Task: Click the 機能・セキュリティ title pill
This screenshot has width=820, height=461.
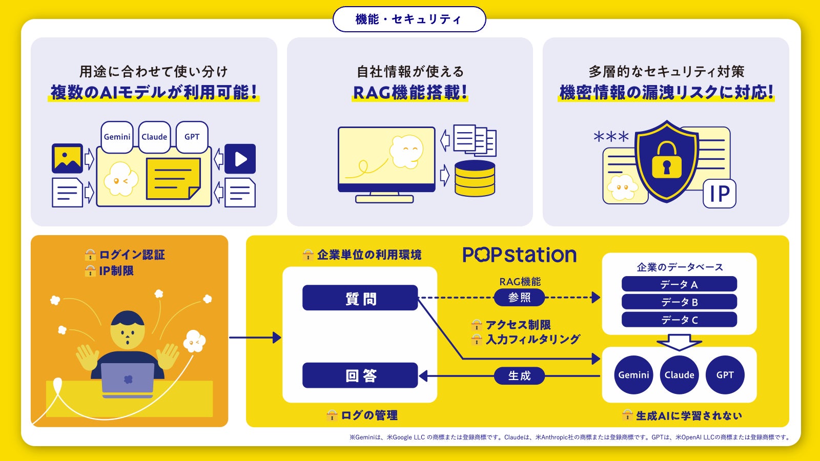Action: tap(409, 19)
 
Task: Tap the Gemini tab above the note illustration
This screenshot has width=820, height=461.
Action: tap(117, 137)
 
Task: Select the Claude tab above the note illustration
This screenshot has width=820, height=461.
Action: tap(154, 137)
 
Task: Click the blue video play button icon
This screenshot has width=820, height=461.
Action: tap(240, 159)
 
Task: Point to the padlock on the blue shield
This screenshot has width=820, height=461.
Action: tap(666, 160)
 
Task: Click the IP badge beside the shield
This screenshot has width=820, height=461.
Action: tap(719, 194)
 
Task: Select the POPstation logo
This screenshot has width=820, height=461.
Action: tap(519, 255)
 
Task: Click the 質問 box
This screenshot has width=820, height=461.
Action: tap(360, 298)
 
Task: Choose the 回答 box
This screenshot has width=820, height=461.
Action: tap(360, 375)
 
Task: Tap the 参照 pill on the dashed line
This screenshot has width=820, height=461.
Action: tap(519, 298)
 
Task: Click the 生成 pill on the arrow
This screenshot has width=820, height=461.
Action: tap(519, 375)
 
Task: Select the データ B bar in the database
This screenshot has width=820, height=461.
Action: tap(679, 302)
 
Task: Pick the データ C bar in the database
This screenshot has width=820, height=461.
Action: tap(679, 320)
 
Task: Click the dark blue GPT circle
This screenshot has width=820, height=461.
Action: tap(725, 375)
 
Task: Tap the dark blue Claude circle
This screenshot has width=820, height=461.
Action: tap(679, 375)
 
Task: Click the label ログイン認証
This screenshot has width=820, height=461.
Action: tap(131, 255)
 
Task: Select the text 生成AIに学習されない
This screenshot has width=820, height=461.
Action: tap(688, 415)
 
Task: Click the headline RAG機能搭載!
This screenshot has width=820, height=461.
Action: tap(410, 93)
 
